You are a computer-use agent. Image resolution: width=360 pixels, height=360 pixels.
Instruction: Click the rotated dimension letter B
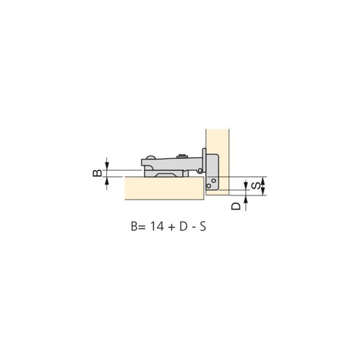(x=98, y=173)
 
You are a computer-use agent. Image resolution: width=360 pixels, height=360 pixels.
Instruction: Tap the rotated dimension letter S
(x=256, y=186)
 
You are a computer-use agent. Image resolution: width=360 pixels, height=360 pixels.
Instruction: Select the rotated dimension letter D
(x=236, y=206)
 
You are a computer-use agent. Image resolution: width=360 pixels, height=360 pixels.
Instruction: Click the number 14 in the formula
(x=157, y=226)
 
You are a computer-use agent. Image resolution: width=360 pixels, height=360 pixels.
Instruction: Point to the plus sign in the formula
(x=172, y=227)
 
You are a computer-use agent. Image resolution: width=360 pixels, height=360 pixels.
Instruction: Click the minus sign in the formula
(x=193, y=228)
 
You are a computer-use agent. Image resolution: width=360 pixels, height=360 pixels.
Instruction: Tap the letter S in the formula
(x=203, y=226)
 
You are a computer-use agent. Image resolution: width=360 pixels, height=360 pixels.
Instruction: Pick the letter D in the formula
(x=184, y=226)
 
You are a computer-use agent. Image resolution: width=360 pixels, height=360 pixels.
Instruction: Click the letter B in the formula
(x=134, y=226)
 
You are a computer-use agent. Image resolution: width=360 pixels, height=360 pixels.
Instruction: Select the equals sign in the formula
(x=143, y=227)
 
